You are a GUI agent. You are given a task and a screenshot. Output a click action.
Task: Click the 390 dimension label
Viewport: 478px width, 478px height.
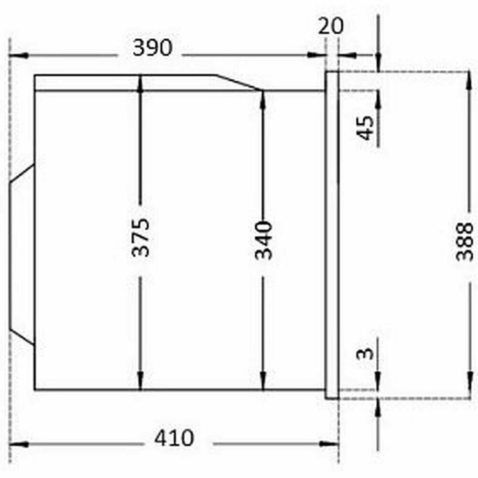[152, 48]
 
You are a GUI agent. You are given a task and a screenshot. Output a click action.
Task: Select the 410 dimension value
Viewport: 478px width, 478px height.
[174, 438]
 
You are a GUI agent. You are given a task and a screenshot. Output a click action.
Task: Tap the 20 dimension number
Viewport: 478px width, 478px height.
[331, 26]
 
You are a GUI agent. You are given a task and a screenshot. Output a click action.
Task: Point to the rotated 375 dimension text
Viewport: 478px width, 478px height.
[141, 237]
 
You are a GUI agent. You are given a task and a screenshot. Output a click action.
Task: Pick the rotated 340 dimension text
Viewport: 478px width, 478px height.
[263, 240]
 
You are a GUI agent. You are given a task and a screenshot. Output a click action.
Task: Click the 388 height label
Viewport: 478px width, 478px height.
[464, 242]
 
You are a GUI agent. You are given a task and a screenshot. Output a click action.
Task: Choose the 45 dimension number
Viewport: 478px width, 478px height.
[366, 128]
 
